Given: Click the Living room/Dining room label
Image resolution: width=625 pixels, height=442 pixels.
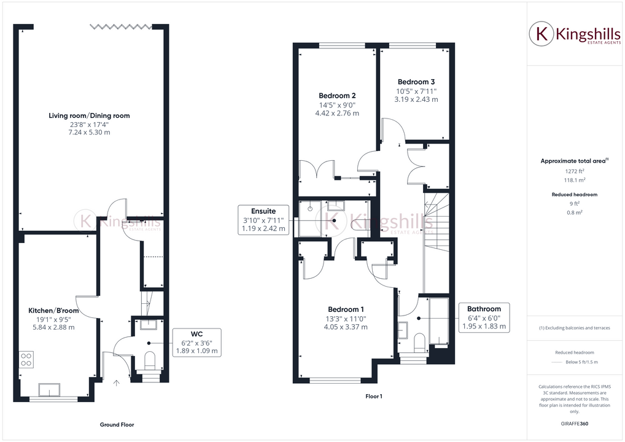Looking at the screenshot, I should click(89, 115).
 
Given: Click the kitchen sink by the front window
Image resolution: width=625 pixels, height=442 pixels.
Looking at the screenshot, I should click(50, 389).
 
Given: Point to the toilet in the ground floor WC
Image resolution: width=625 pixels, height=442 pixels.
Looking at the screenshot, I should click(149, 361).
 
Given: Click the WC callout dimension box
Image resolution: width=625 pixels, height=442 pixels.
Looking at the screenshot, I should click(197, 343).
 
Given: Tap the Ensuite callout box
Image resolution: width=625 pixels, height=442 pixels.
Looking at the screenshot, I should click(263, 219).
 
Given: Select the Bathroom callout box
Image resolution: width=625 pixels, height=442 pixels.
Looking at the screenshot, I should click(484, 318).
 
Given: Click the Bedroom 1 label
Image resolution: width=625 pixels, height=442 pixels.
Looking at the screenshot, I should click(346, 309).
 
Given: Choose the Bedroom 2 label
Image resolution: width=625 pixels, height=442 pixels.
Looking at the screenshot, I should click(337, 96).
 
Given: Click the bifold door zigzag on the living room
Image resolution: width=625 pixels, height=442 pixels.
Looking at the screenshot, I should click(120, 26).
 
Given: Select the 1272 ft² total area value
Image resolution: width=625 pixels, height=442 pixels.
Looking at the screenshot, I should click(574, 172).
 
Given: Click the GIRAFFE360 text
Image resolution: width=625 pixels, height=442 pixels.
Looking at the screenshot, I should click(575, 424).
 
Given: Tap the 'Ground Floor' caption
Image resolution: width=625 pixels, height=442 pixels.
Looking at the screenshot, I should click(117, 425).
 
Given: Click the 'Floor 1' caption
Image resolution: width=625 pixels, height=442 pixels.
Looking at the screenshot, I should click(373, 397).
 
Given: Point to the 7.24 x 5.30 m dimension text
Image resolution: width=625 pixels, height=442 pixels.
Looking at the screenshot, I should click(89, 133).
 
